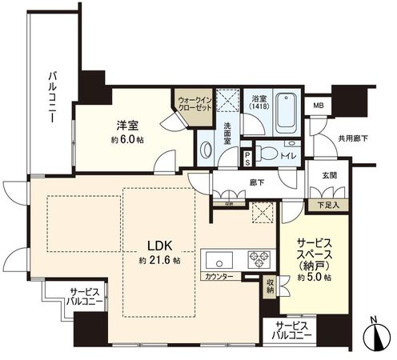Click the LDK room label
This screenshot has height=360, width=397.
(x=156, y=244)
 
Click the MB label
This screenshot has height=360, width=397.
(x=318, y=106)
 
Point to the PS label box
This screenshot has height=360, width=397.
(x=247, y=154)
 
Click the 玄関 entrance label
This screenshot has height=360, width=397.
(x=331, y=175)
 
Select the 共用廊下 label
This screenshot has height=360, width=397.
(x=353, y=138)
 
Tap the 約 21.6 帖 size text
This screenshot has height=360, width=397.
(x=158, y=262)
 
